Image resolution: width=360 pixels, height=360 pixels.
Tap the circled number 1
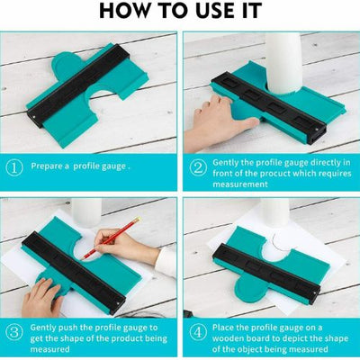click(x=14, y=167)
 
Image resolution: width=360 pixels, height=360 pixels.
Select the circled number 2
click(x=198, y=167)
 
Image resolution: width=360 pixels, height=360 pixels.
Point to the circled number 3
click(x=14, y=333)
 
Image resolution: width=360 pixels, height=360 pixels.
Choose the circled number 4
click(x=198, y=333)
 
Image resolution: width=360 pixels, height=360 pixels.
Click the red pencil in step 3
click(x=112, y=238)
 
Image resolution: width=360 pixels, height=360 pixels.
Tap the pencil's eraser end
click(x=138, y=220)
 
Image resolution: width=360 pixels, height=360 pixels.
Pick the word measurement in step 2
click(x=240, y=184)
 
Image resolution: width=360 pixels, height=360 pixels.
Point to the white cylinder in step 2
click(x=283, y=62)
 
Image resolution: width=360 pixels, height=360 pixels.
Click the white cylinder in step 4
click(x=275, y=212)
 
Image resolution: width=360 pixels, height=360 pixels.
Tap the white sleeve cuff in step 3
click(x=166, y=262)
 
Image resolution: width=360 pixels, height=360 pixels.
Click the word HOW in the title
click(x=123, y=11)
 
